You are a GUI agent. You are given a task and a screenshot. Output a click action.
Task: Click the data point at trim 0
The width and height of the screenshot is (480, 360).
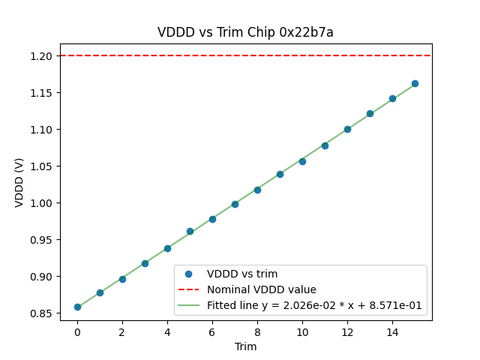(x=77, y=307)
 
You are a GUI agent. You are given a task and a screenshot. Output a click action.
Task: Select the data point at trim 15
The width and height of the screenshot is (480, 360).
(x=415, y=83)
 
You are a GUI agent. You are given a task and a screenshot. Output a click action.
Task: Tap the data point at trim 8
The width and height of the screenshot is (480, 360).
(x=257, y=190)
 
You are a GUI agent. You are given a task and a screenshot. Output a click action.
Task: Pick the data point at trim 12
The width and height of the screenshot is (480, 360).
(x=347, y=129)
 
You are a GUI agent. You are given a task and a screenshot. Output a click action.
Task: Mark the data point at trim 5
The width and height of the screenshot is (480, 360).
(x=190, y=231)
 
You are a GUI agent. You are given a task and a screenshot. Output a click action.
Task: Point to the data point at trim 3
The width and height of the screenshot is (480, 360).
(x=145, y=263)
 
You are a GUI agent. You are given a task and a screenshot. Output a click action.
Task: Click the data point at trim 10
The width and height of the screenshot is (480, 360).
(x=302, y=161)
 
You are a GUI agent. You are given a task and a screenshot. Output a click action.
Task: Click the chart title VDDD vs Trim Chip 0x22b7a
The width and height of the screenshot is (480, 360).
(x=245, y=32)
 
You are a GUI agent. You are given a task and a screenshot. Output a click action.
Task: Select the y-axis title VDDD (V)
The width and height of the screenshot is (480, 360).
(x=19, y=182)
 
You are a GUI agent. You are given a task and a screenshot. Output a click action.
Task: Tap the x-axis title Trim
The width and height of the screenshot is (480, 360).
(x=245, y=346)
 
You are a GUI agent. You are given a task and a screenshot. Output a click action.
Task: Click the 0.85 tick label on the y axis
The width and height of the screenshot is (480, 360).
(x=42, y=313)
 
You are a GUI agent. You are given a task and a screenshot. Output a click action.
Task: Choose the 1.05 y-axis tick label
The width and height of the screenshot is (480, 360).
(x=42, y=166)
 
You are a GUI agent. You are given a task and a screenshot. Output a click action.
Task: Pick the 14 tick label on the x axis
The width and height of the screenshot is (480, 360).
(x=392, y=331)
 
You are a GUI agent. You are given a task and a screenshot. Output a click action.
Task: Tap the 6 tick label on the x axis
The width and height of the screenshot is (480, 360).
(x=212, y=331)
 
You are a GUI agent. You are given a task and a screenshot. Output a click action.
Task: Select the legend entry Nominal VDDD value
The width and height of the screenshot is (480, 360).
(x=262, y=289)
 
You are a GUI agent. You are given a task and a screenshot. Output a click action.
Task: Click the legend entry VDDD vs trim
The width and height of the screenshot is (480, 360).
(x=242, y=274)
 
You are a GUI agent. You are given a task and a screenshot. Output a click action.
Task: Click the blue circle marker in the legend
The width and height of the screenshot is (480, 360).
(x=189, y=274)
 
